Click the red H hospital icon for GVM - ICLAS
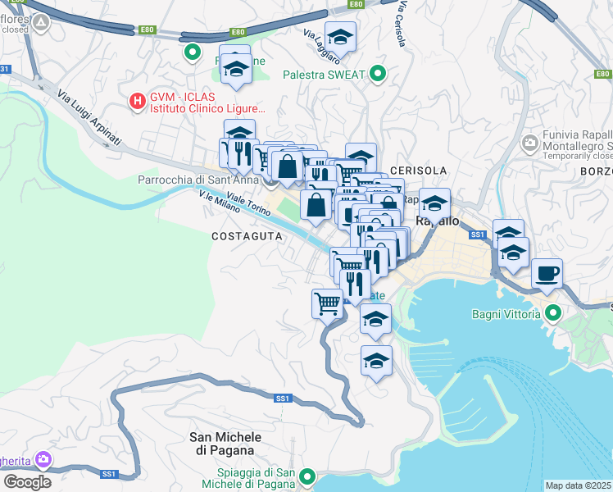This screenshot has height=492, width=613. click(x=138, y=101)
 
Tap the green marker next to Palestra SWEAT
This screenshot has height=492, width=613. click(x=378, y=75)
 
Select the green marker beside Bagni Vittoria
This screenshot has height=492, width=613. click(x=552, y=313)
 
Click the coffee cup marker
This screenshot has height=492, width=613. click(x=547, y=273)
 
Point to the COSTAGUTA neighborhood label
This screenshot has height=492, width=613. click(x=247, y=236)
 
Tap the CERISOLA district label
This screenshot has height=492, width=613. click(x=419, y=171)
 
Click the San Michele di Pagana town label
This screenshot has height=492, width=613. click(x=221, y=444)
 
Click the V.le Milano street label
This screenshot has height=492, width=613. click(x=220, y=202)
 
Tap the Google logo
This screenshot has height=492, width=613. click(x=27, y=481)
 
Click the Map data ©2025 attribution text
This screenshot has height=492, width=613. click(x=579, y=485)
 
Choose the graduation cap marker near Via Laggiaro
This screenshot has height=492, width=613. click(x=340, y=37)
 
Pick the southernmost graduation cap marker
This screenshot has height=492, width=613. click(x=376, y=361)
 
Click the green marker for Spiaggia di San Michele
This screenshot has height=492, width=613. click(x=307, y=476)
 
